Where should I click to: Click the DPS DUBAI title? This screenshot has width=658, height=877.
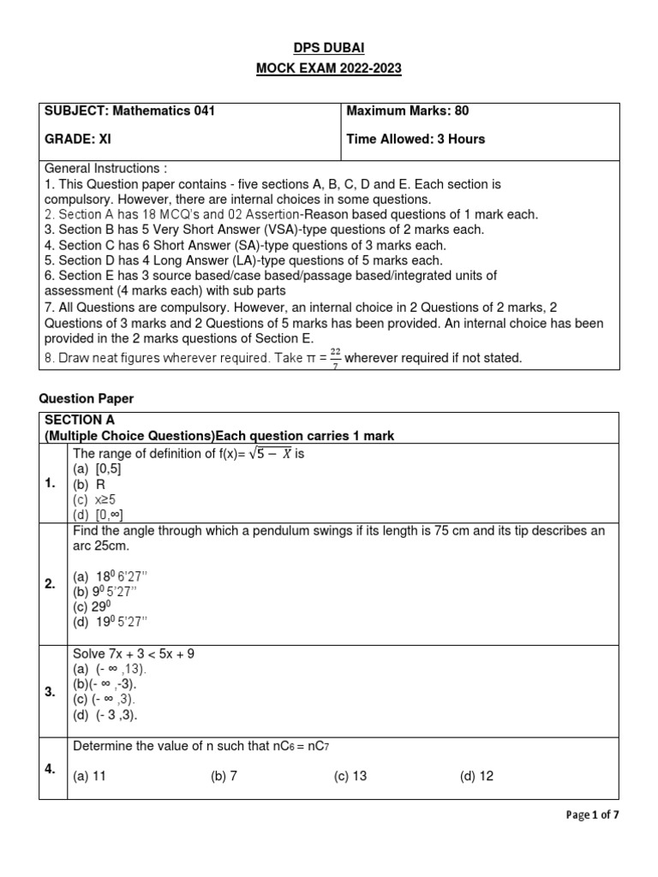(328, 47)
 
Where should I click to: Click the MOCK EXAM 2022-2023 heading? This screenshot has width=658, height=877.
(328, 69)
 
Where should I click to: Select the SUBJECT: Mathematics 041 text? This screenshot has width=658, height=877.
(129, 110)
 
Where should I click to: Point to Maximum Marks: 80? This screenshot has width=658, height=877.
(407, 110)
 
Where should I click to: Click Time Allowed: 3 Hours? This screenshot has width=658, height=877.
(416, 139)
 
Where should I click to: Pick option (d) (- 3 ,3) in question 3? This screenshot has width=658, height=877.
(105, 715)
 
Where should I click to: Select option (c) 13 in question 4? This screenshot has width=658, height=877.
(350, 776)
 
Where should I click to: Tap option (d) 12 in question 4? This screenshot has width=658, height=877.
(476, 776)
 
